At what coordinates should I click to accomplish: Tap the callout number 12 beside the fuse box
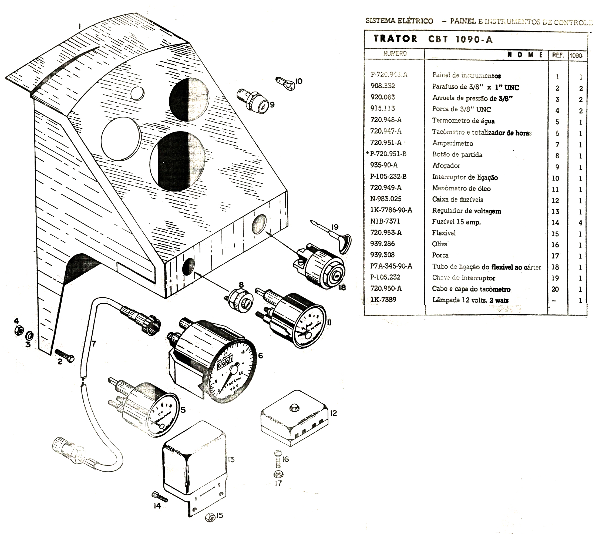click(x=333, y=413)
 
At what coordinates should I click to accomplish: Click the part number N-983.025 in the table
click(x=385, y=199)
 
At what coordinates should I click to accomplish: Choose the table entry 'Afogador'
click(x=446, y=166)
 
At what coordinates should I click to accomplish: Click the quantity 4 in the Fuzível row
click(x=580, y=223)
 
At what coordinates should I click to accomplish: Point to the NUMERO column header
click(x=395, y=53)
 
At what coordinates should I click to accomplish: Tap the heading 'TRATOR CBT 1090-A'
click(x=433, y=39)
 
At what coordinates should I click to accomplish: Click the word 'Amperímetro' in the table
click(x=452, y=143)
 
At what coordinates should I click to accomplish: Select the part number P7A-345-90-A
click(x=391, y=266)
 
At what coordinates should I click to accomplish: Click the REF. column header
click(x=558, y=55)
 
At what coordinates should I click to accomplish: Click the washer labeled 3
click(x=30, y=335)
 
